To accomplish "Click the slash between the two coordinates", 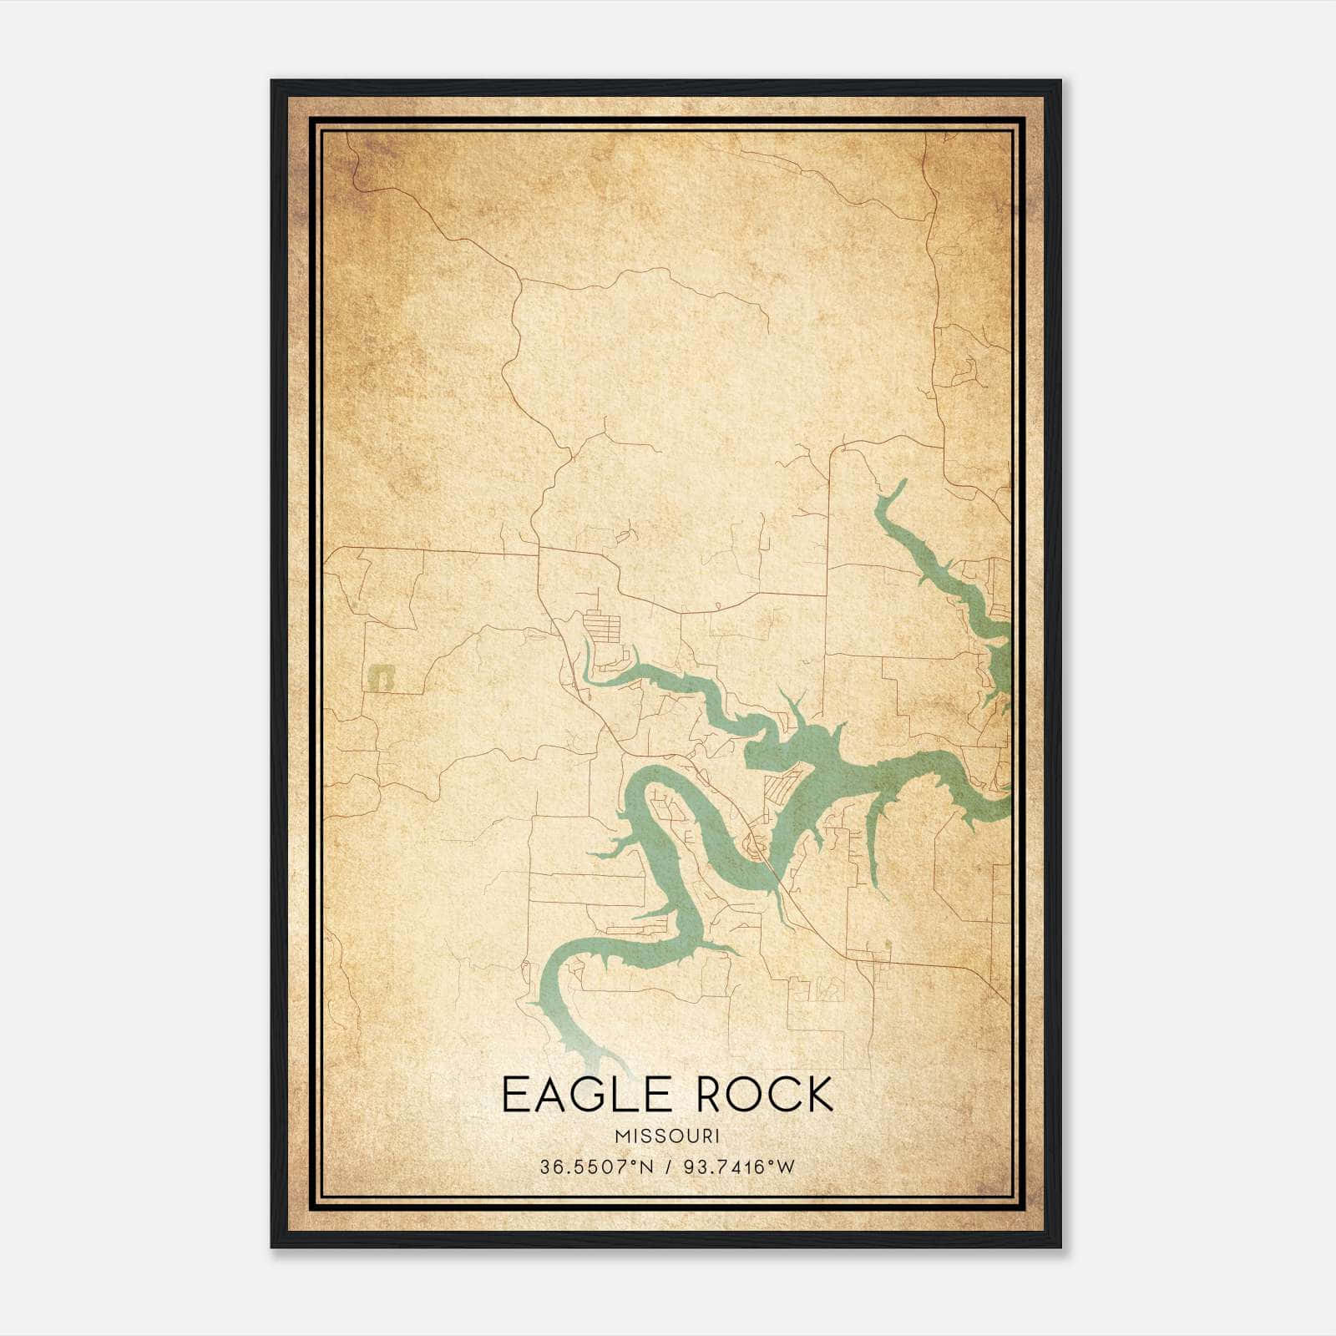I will click(x=667, y=1166).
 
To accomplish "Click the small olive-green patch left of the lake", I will click(x=382, y=676).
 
